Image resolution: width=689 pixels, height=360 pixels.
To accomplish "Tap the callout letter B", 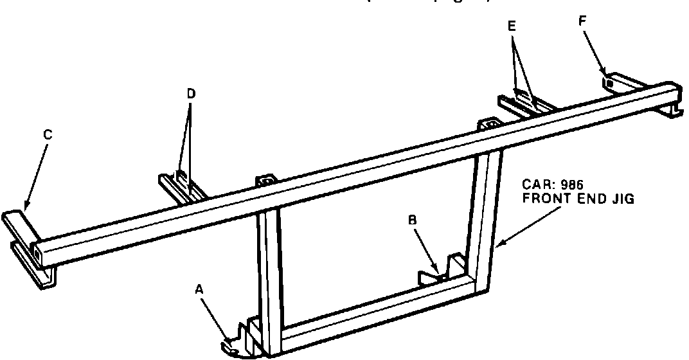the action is click(x=413, y=220).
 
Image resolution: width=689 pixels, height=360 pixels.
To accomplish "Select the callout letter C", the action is click(x=48, y=134).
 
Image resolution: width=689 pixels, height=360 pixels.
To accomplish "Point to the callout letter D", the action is click(x=191, y=94).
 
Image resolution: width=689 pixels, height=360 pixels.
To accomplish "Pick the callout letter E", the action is click(x=512, y=27).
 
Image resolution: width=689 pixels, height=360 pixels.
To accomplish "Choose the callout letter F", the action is click(x=582, y=20).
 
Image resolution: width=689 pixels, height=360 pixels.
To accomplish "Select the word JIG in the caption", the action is click(x=623, y=199).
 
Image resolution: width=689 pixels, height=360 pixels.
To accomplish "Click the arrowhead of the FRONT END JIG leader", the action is click(x=498, y=245).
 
